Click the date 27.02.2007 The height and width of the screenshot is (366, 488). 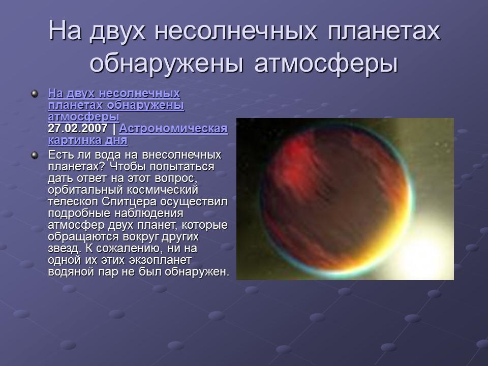coord(77,129)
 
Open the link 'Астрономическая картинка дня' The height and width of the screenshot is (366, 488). coord(173,129)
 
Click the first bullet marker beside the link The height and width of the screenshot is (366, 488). coord(35,94)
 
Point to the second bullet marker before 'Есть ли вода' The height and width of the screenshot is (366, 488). coord(35,155)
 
